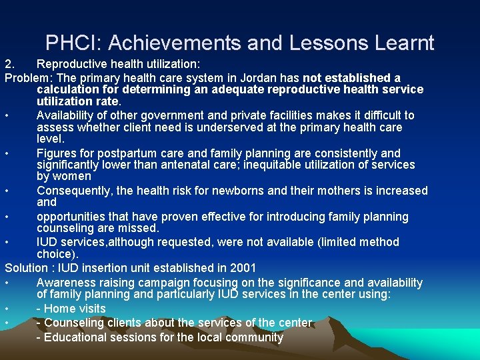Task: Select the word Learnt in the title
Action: [x=403, y=43]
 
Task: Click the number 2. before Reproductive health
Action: [x=10, y=65]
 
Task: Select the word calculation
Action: [x=67, y=89]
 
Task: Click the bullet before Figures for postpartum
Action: [x=7, y=153]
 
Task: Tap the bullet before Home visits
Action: [x=7, y=309]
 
